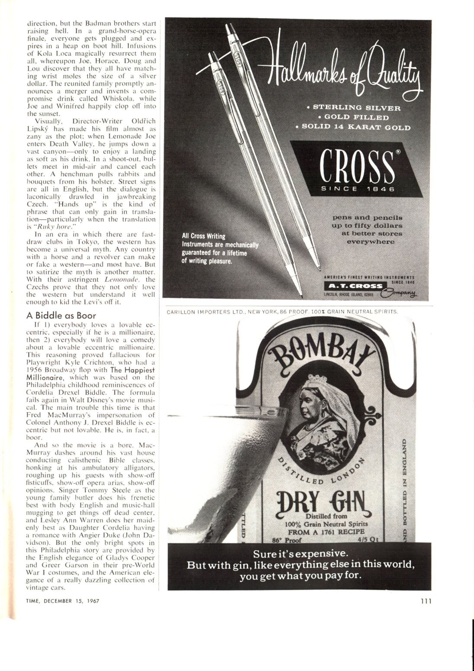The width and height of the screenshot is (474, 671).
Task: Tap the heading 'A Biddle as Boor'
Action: click(x=61, y=315)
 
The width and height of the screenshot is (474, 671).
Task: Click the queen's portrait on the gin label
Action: click(x=321, y=410)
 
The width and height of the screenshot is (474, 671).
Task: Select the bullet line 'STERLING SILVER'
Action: click(x=357, y=108)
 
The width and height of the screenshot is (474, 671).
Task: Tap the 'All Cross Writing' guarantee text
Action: click(x=203, y=236)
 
